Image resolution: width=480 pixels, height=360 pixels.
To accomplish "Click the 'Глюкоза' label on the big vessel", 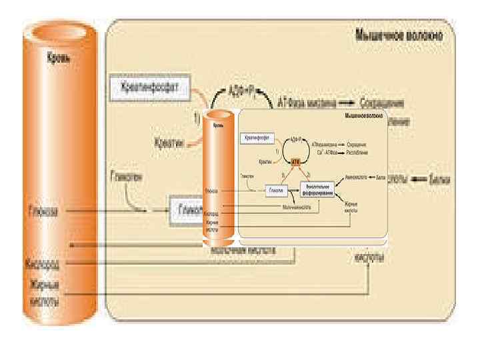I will click(44, 212).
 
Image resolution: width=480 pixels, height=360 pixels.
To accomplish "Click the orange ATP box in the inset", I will click(296, 161).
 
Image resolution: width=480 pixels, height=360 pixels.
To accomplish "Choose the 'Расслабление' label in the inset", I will click(359, 153).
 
